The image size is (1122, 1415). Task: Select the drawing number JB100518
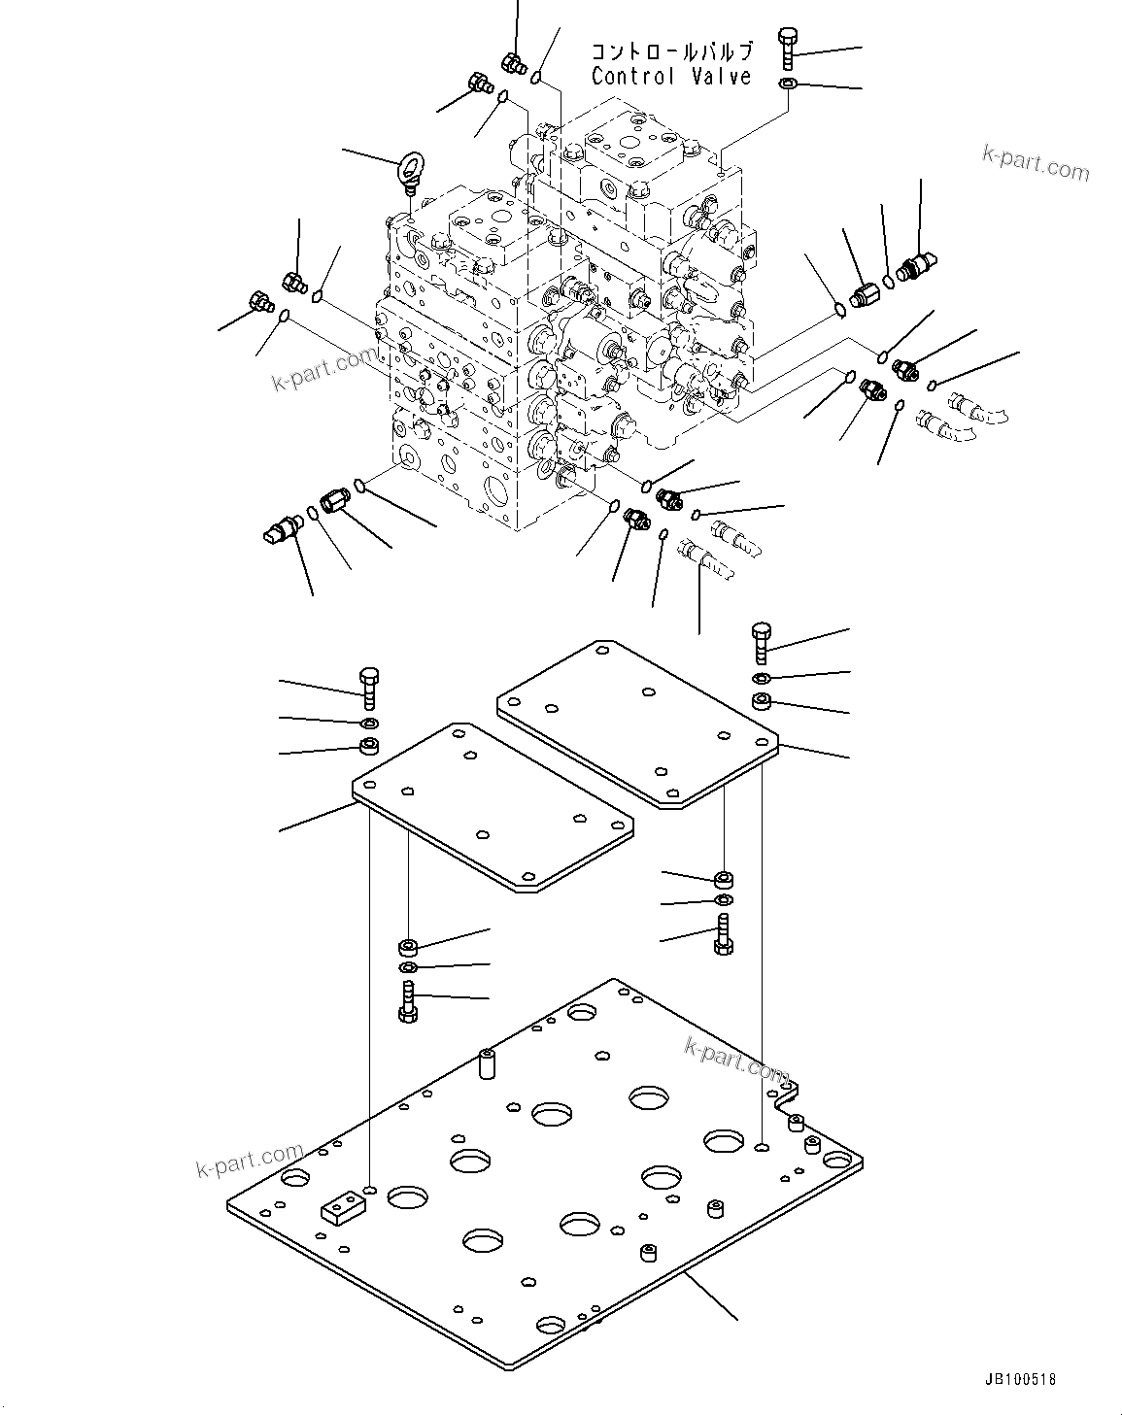(x=1019, y=1379)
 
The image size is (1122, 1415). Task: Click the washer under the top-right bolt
(x=787, y=84)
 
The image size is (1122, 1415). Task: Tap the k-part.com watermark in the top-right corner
(x=1036, y=163)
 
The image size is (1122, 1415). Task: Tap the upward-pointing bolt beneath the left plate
(x=407, y=1001)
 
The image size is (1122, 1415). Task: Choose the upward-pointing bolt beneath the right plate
(x=723, y=933)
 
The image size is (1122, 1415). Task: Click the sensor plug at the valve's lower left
(x=280, y=529)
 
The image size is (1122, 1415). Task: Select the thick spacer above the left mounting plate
(x=369, y=747)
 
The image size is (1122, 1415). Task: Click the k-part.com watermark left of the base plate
(x=250, y=1162)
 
